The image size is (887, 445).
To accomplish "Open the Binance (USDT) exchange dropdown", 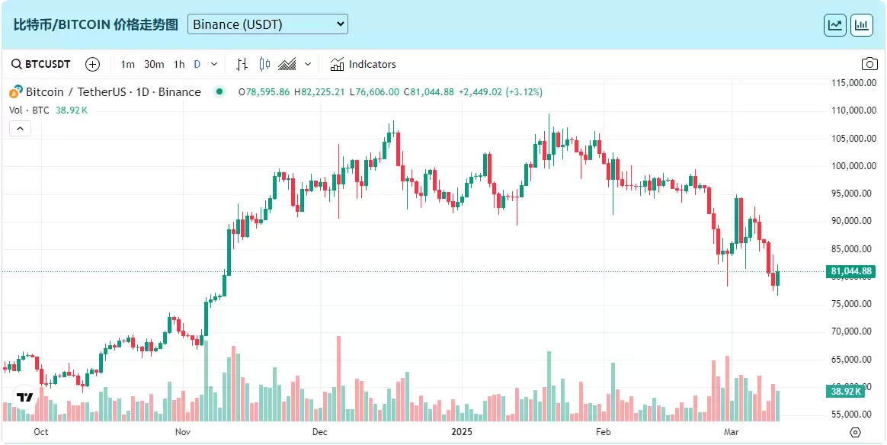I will coord(267,24).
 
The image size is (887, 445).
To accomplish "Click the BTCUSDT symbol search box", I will coord(42,64).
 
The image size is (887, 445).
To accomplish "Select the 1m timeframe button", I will coord(127,64).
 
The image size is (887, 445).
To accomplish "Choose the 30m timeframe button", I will coord(154,64).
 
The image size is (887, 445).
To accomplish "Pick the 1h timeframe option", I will coord(179,64).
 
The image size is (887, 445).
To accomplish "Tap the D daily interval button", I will coord(197,64).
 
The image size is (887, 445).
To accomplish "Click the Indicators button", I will coord(363,64).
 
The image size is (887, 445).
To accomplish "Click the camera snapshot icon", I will coord(869,64).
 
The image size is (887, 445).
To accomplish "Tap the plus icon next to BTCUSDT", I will coord(92,64).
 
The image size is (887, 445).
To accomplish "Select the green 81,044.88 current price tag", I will coord(852,271).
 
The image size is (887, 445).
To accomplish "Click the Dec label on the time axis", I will coord(320,432).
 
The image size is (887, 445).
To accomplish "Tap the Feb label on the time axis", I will coord(604,432).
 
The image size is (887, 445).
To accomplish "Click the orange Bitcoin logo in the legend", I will coord(15,92).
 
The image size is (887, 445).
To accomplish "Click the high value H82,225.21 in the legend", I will coord(319,92).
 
